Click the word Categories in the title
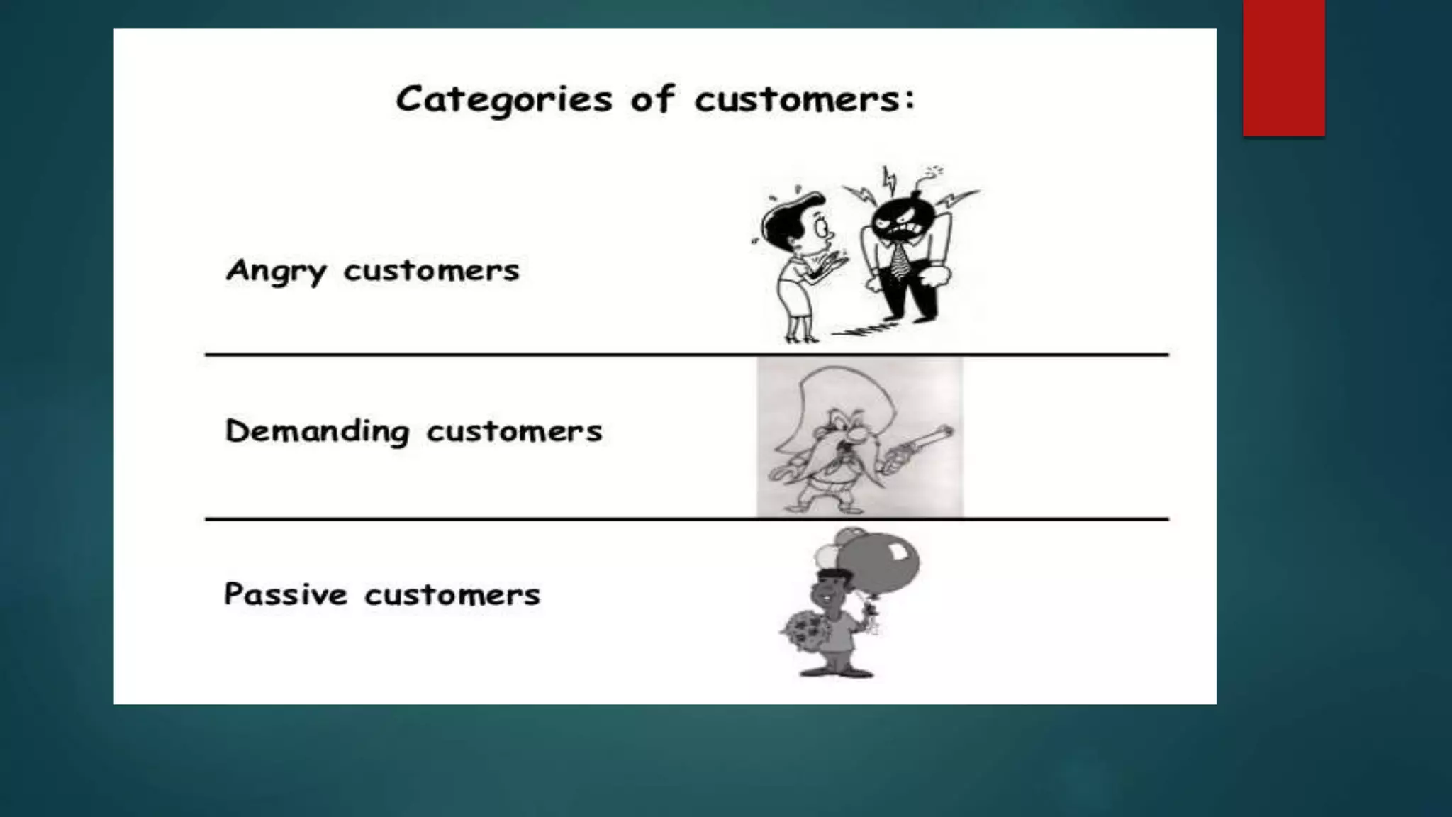click(503, 99)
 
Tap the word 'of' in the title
click(652, 99)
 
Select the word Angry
click(277, 271)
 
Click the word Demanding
click(317, 431)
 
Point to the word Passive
click(286, 594)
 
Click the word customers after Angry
click(431, 271)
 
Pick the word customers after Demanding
click(514, 431)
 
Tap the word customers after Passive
click(452, 594)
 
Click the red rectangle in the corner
click(1283, 67)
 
